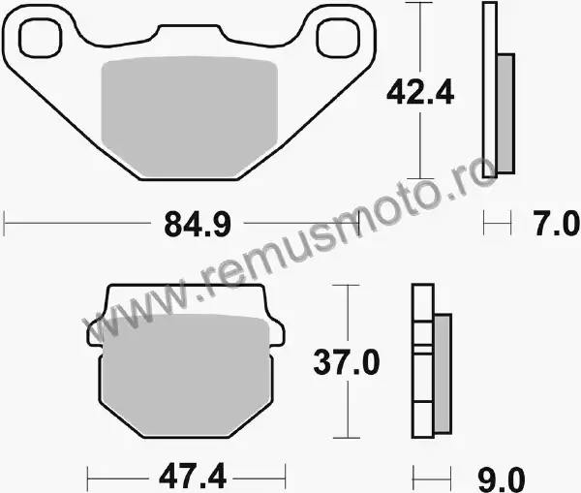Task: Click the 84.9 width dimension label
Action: [x=198, y=224]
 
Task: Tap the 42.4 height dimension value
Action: [x=420, y=92]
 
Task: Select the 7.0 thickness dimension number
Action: [x=556, y=224]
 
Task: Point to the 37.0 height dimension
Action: [x=347, y=362]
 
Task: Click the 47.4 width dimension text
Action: [x=193, y=476]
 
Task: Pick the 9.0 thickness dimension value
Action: [x=502, y=479]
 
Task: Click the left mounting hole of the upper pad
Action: [x=41, y=38]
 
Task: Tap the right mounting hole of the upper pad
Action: [x=338, y=38]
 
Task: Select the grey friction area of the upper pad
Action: [x=190, y=116]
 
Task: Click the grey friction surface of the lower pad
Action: [x=185, y=375]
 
